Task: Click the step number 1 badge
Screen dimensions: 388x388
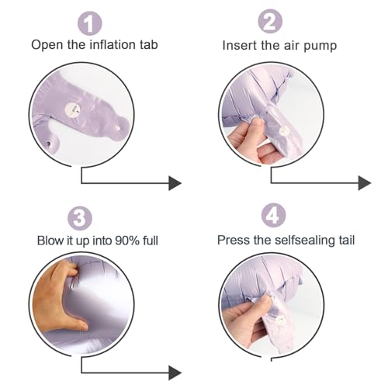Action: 90,23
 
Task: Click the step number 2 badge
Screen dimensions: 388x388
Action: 270,22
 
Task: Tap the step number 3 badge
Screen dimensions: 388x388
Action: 80,218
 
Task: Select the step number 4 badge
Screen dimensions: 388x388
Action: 273,215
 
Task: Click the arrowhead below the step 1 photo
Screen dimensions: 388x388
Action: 175,183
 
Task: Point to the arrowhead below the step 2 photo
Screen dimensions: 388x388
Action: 365,183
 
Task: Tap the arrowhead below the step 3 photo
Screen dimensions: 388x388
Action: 175,373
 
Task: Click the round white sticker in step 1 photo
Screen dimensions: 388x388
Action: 73,109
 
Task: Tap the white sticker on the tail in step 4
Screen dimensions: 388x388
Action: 280,320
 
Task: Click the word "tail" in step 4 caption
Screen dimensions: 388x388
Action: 347,240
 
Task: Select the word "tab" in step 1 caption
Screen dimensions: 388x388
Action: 149,44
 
